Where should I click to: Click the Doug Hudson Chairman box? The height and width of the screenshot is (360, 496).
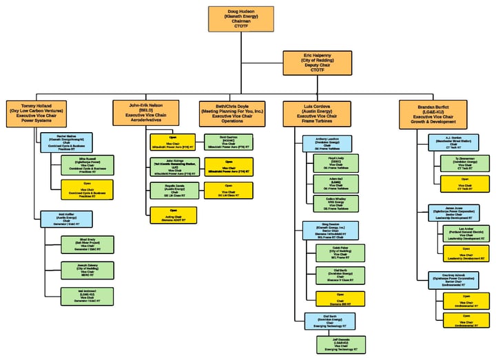tap(236, 19)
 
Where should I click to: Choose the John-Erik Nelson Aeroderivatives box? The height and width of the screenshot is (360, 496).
tap(145, 113)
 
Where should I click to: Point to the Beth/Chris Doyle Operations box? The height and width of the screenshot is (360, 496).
tap(230, 113)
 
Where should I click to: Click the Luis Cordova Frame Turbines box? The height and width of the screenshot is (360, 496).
tap(318, 113)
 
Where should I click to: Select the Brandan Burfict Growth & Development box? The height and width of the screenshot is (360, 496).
tap(437, 114)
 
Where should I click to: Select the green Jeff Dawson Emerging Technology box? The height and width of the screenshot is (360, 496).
tap(341, 344)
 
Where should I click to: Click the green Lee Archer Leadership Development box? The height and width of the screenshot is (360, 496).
tap(466, 233)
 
